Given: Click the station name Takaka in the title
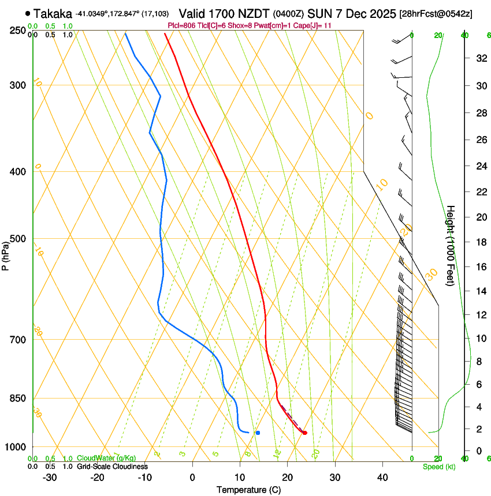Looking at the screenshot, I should (x=53, y=13).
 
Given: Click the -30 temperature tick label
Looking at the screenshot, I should (x=50, y=477).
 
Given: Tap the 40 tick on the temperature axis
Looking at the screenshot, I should (x=382, y=477).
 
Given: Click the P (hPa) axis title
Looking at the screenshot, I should (x=5, y=255).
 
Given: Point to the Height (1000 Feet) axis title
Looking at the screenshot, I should (x=451, y=245).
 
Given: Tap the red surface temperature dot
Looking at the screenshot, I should (x=304, y=433).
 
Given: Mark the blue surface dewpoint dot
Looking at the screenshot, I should (x=258, y=433).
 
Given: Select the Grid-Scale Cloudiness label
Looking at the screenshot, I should (x=112, y=466).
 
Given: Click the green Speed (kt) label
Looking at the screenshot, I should (x=438, y=467).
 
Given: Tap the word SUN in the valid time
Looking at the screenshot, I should (x=319, y=13).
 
